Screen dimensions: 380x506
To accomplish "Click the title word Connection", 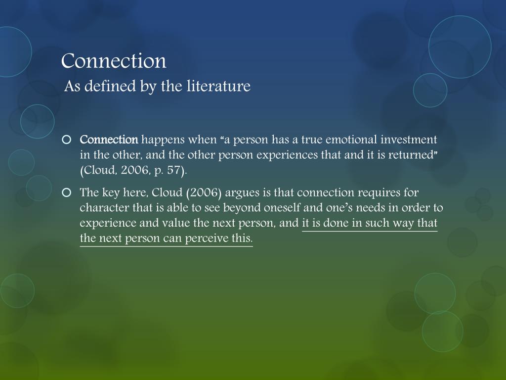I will pos(114,61).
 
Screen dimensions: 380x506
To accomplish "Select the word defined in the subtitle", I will pos(104,87).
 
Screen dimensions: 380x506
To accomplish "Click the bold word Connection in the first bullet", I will pos(109,139).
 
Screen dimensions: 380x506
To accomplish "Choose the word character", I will pos(101,208).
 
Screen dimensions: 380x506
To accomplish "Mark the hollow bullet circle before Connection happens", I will pos(67,139).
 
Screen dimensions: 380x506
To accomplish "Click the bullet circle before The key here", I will pos(67,192).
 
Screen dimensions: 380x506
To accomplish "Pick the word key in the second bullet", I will pos(109,192).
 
